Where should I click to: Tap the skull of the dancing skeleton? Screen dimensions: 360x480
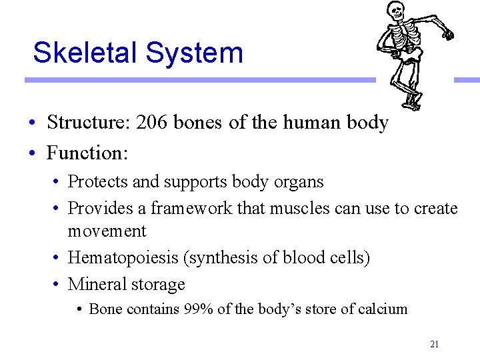point(396,11)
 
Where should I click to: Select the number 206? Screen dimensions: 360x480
point(152,123)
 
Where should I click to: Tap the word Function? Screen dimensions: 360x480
point(86,153)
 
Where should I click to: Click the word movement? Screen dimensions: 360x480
point(107,231)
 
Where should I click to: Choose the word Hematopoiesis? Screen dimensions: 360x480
point(126,258)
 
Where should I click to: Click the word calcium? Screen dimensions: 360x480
point(383,309)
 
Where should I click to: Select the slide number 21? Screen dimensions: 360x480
point(434,344)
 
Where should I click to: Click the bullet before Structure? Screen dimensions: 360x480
point(33,123)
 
